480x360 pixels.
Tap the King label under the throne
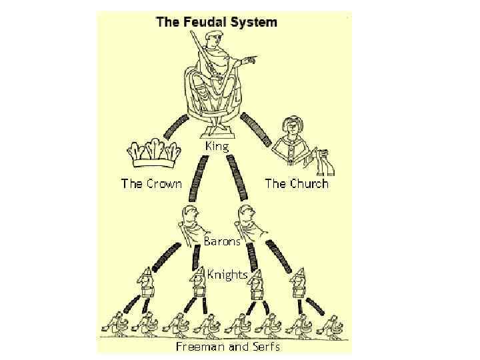tap(216, 145)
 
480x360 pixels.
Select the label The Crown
tap(151, 183)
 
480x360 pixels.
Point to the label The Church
tap(297, 183)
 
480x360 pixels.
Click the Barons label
tap(222, 241)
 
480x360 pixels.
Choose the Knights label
tap(227, 274)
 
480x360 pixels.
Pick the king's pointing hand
tap(248, 62)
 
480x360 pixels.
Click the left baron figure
tap(191, 223)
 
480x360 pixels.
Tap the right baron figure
tap(248, 223)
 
